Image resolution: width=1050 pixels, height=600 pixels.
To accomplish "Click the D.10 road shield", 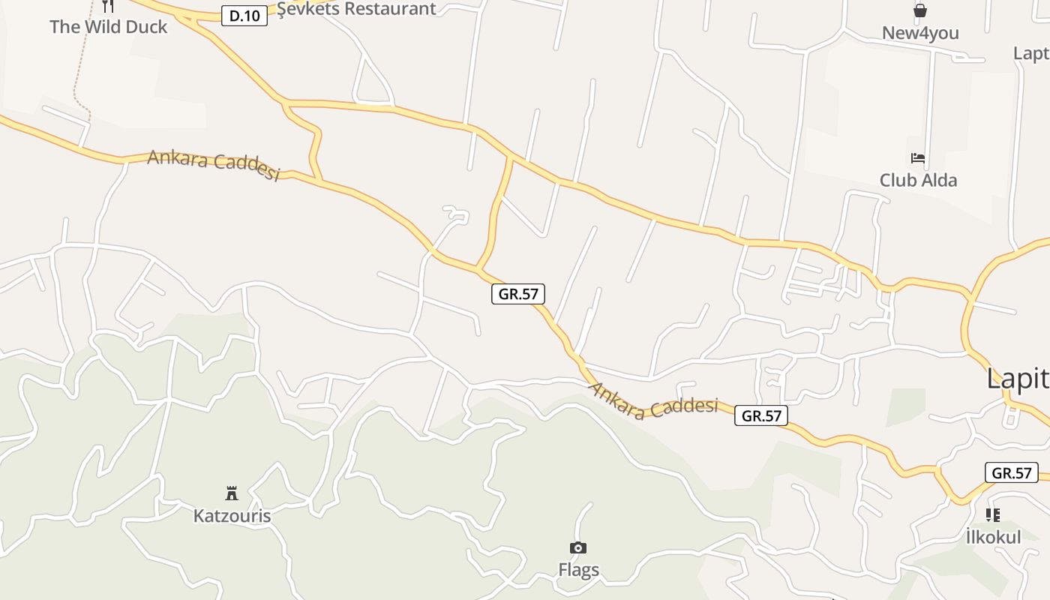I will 244,15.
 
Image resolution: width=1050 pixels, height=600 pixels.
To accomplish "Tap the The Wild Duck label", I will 109,27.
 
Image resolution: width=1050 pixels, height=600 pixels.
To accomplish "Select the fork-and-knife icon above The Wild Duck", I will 108,6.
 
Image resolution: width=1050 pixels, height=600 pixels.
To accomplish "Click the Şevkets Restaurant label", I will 356,8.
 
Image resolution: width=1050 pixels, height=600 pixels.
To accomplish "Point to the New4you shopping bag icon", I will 919,10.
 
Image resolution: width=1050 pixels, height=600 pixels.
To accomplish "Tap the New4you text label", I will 920,33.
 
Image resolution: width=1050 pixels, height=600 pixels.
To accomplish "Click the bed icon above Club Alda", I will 918,158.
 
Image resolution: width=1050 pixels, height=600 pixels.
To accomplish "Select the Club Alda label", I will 918,180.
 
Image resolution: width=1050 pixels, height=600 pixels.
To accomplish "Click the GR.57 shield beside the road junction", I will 518,294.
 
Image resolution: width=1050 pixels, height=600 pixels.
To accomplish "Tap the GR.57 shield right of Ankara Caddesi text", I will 761,415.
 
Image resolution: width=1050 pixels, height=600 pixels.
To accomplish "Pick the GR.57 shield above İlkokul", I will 1012,472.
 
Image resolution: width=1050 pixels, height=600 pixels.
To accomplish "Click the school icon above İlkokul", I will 993,515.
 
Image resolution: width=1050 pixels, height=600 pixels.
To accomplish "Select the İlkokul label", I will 993,537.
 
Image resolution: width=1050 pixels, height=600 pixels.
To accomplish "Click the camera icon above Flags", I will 578,548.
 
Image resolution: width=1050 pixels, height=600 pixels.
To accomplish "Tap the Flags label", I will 578,570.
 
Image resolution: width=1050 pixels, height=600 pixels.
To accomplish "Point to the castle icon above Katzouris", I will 232,493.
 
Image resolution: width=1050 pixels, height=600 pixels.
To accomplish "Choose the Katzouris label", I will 232,516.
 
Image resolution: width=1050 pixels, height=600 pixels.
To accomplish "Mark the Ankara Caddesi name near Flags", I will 653,400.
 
